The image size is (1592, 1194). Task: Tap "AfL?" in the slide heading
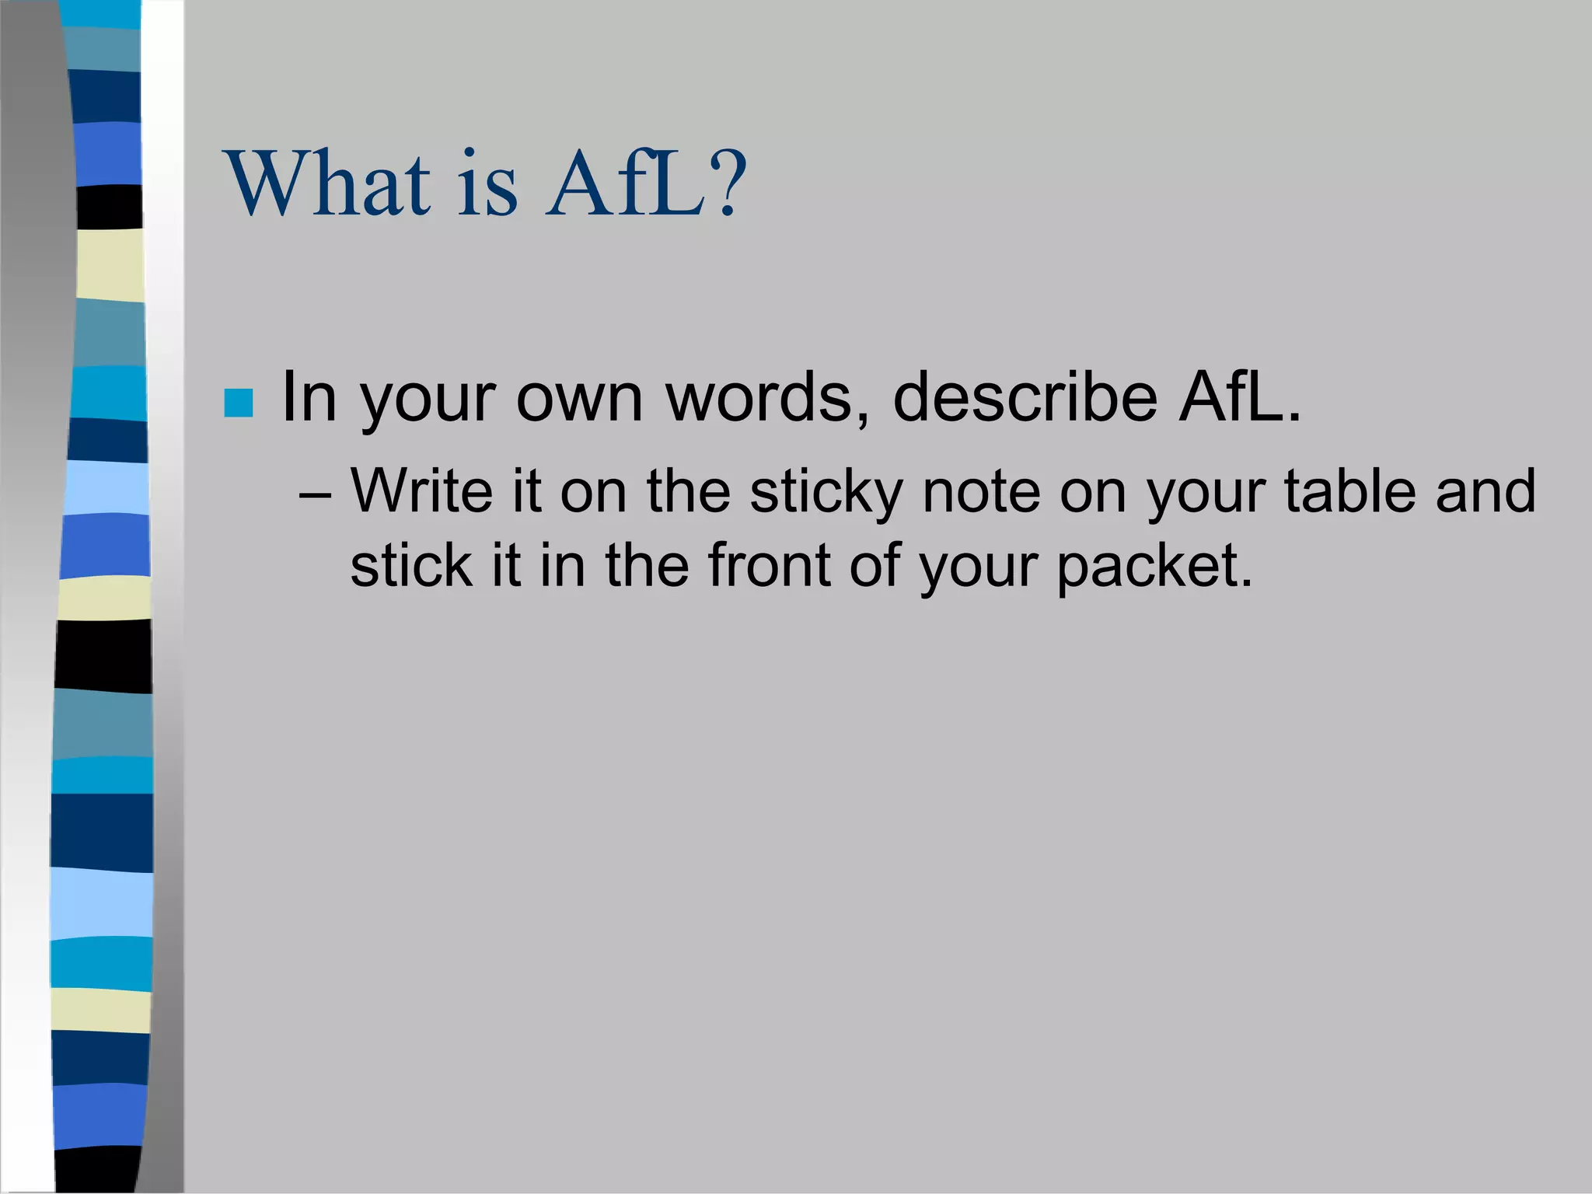[645, 185]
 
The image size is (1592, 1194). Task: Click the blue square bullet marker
[238, 403]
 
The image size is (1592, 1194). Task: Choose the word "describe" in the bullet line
[1025, 396]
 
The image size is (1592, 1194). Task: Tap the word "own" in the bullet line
[579, 396]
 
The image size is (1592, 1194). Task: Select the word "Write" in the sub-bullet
[421, 491]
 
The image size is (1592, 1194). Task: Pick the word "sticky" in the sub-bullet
[826, 493]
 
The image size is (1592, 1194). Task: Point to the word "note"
[980, 491]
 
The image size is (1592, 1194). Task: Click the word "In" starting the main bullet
[309, 396]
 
